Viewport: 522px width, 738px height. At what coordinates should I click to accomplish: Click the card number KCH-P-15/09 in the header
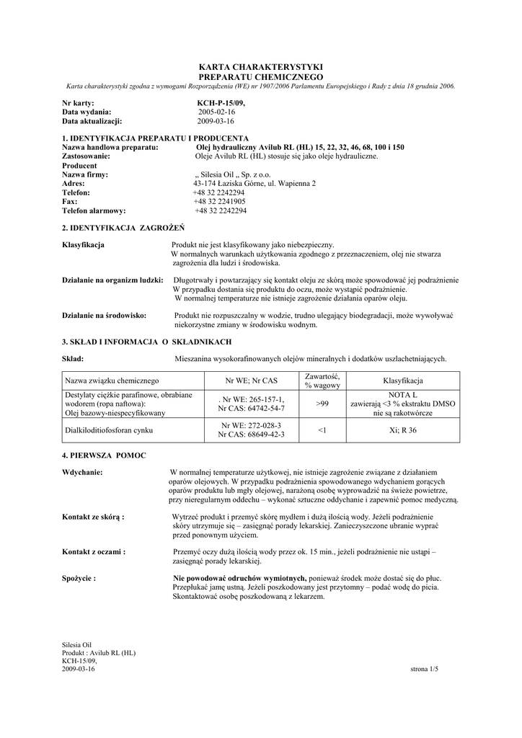click(x=216, y=104)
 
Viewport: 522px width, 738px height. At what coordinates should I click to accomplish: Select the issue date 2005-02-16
click(x=217, y=112)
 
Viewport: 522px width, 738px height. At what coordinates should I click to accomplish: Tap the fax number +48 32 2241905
click(x=219, y=202)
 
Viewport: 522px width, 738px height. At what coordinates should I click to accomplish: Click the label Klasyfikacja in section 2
click(x=84, y=245)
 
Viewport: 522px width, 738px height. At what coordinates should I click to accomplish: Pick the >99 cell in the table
click(x=322, y=404)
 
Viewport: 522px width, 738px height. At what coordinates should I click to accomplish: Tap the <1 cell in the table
click(x=322, y=430)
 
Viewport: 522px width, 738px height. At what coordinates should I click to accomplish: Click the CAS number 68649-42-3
click(x=251, y=435)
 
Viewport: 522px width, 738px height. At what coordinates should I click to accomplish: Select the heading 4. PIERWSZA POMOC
click(x=104, y=455)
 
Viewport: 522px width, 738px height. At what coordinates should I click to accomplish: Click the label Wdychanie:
click(x=82, y=473)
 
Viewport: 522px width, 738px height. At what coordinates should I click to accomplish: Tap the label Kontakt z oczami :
click(x=94, y=551)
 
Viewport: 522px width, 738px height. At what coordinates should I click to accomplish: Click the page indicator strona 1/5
click(x=424, y=670)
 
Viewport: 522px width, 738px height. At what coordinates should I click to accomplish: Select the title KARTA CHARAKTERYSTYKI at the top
click(x=260, y=67)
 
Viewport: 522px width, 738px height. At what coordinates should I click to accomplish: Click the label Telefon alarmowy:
click(x=94, y=210)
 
